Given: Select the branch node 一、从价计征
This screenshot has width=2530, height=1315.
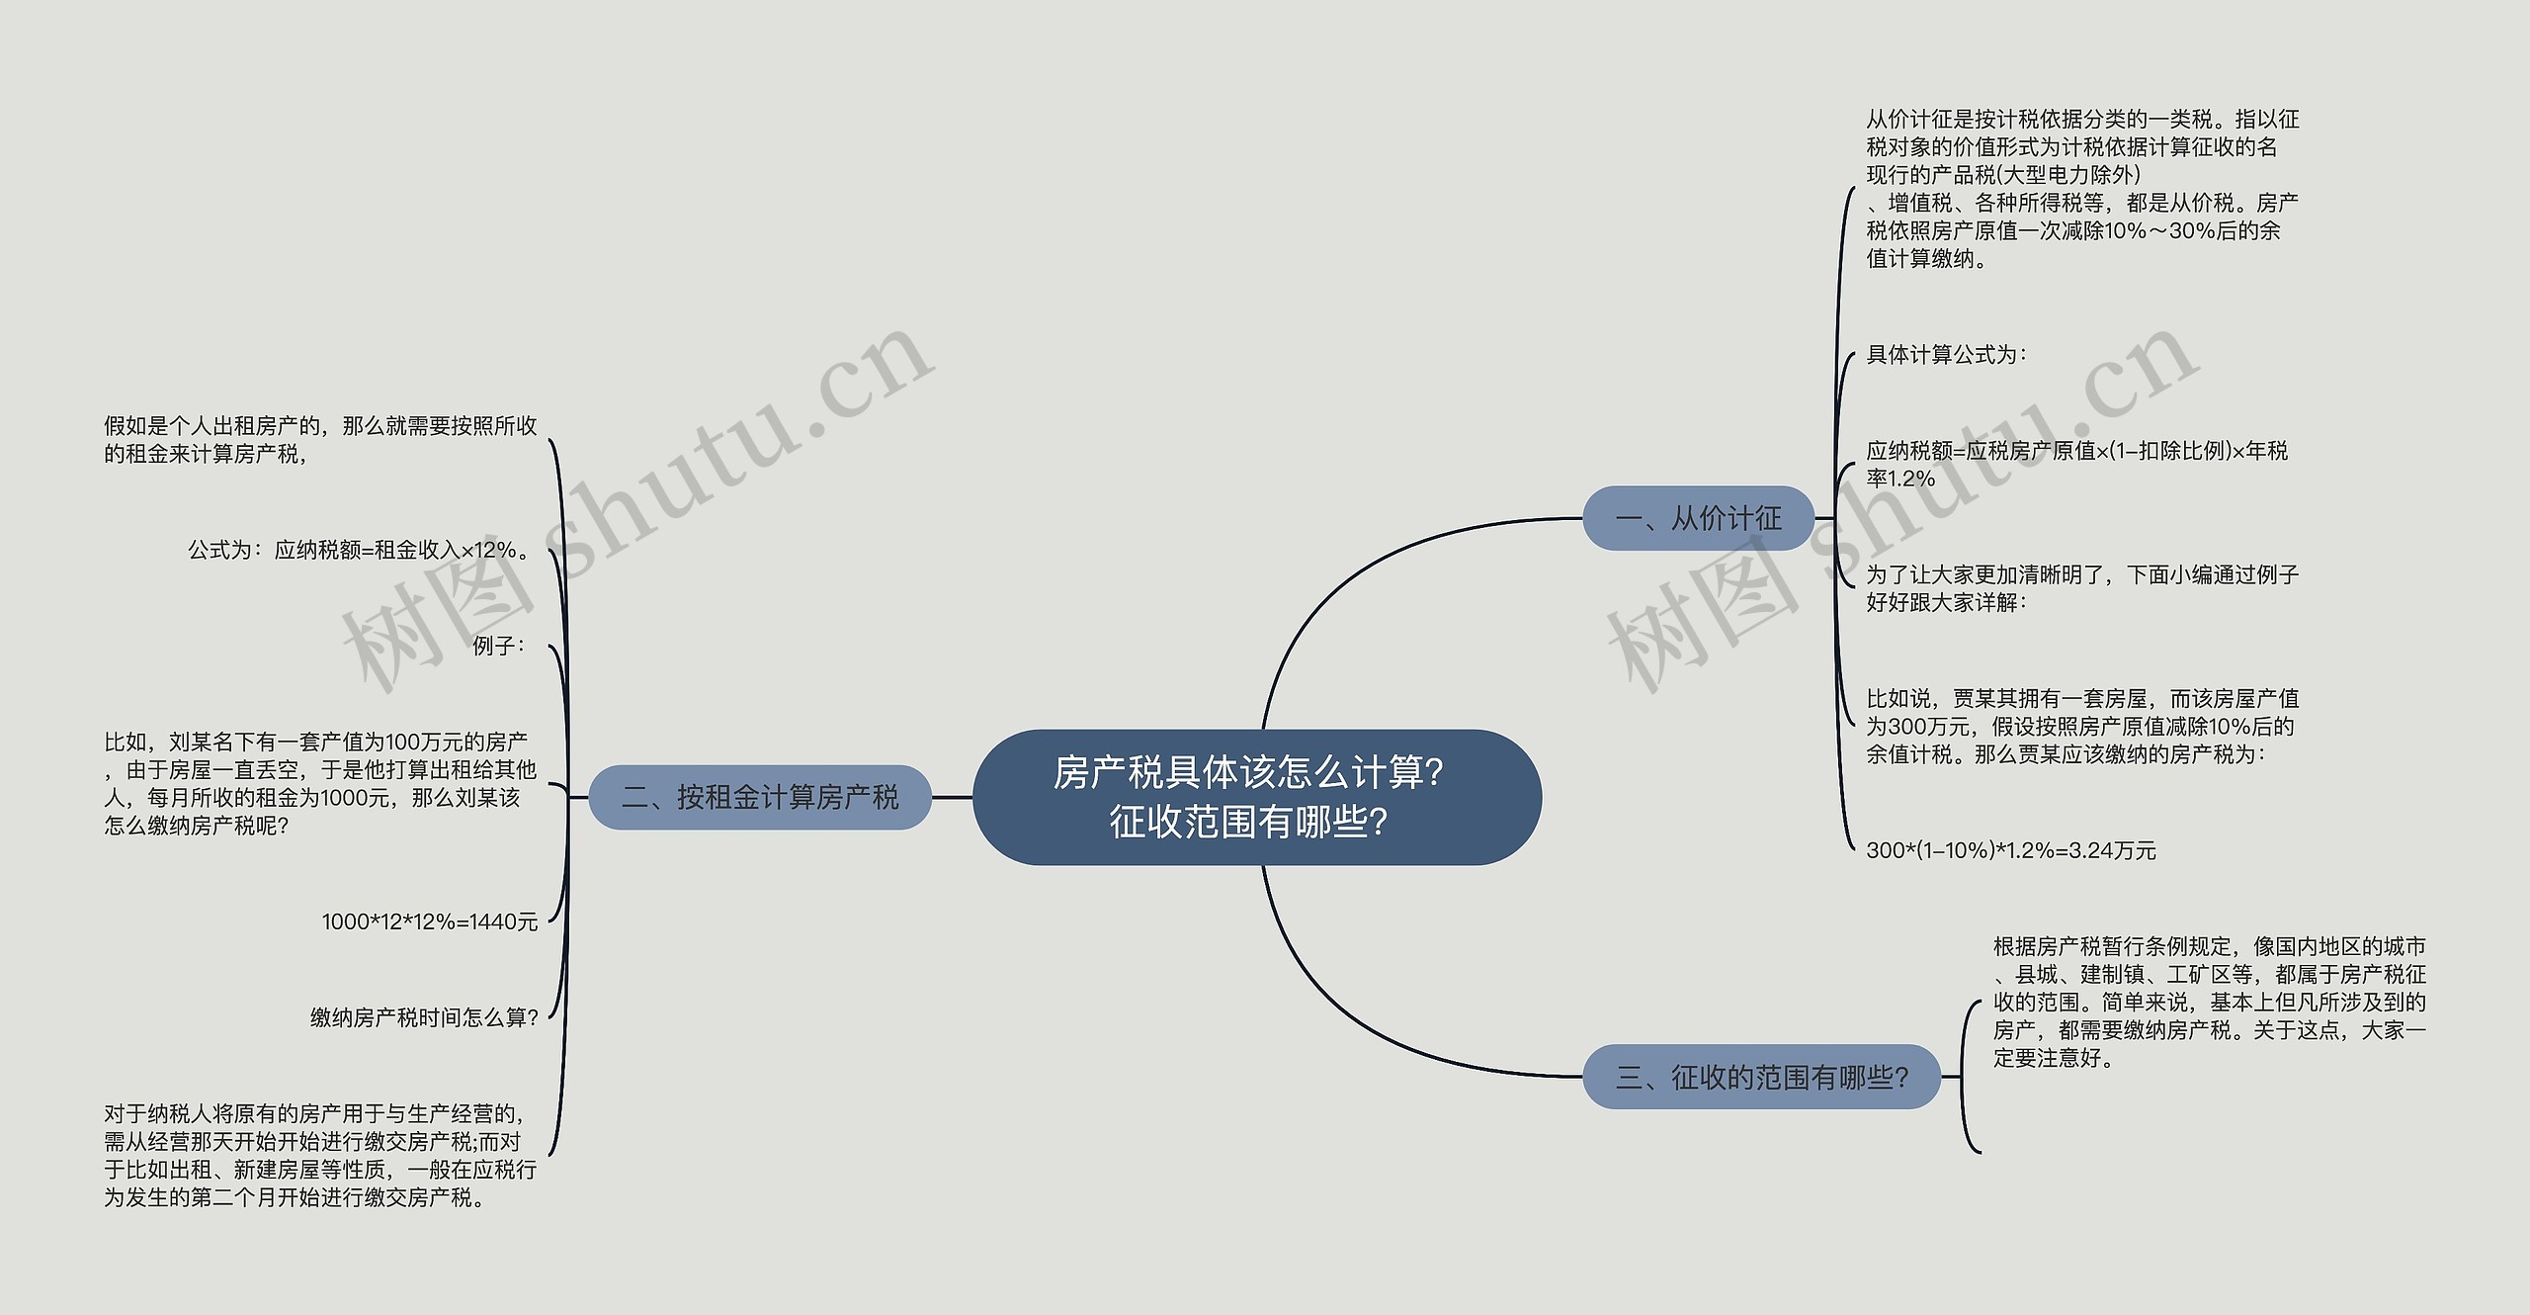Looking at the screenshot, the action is pos(1698,518).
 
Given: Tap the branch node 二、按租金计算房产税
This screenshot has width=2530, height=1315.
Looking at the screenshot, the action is pos(760,797).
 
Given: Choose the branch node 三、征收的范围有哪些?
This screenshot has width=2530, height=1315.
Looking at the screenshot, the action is pos(1761,1077).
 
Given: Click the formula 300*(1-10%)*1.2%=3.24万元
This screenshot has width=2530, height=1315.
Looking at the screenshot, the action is pos(2010,850).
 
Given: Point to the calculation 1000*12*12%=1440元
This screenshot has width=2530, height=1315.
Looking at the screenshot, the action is pos(430,921).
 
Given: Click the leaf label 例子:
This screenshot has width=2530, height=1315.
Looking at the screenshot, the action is pos(499,646).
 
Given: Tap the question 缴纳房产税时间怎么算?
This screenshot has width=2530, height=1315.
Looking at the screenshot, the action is pos(425,1017).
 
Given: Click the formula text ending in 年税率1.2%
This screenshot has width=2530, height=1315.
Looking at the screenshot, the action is pos(2076,465).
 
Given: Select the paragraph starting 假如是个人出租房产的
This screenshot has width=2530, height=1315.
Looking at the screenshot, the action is pos(320,440).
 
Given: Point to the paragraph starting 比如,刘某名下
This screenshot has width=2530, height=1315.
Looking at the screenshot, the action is pos(320,783).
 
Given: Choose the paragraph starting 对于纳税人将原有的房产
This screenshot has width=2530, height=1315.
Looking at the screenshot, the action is pos(320,1156).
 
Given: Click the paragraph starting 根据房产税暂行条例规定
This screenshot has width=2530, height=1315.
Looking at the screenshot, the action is pos(2209,1003).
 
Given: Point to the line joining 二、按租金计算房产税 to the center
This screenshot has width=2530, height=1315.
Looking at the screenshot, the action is pos(952,797).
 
